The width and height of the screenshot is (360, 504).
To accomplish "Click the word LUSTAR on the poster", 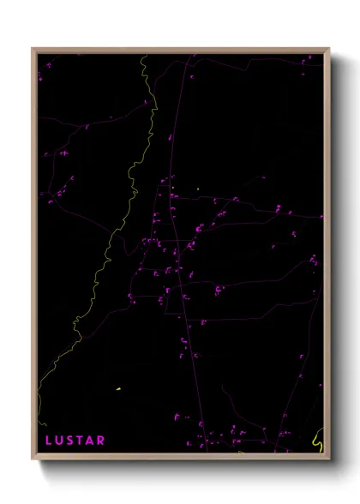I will pyautogui.click(x=75, y=441).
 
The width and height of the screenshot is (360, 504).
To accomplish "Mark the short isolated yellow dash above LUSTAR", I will pyautogui.click(x=117, y=389).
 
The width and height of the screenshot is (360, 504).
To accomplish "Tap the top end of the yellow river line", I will pyautogui.click(x=142, y=56).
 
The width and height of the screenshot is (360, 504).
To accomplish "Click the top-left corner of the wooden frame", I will pyautogui.click(x=33, y=49).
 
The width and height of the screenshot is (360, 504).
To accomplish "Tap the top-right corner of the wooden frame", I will pyautogui.click(x=328, y=49).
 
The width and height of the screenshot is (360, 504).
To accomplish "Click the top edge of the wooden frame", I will pyautogui.click(x=180, y=50).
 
